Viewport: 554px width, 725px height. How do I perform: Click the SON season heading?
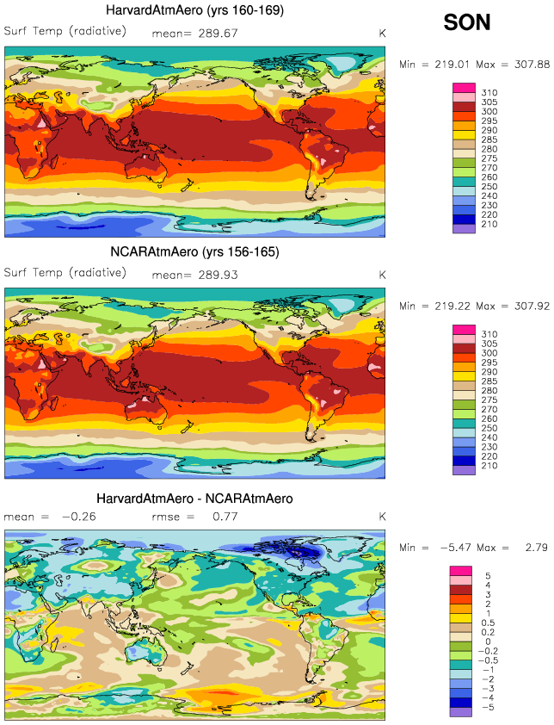tap(467, 22)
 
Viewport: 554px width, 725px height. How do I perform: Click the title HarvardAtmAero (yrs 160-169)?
tap(195, 10)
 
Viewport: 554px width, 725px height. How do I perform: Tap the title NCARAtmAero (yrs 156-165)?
tap(195, 252)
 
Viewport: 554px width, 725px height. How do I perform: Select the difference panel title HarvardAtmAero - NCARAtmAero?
tap(195, 499)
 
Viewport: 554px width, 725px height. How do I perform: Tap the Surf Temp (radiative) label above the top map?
tap(65, 32)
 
